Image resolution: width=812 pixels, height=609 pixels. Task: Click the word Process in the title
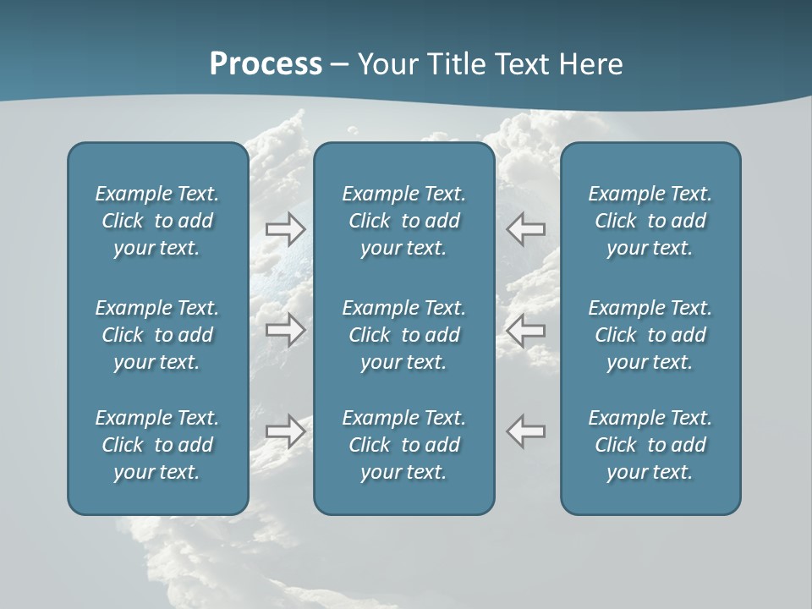(x=266, y=64)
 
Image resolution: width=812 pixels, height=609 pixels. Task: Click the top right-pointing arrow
(x=285, y=228)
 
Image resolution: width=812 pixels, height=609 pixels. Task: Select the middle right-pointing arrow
(x=285, y=330)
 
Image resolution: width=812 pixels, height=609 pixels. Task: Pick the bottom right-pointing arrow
(x=285, y=431)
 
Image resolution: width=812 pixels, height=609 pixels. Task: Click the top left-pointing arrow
(x=526, y=228)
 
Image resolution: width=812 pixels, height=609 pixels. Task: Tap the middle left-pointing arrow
(x=526, y=330)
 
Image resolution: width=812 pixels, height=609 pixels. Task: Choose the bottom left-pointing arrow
(x=526, y=431)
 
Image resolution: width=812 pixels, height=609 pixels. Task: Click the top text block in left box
(x=157, y=221)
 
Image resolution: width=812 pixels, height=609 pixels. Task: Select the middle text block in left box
(x=157, y=335)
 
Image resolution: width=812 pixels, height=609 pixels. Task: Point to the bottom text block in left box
(x=157, y=445)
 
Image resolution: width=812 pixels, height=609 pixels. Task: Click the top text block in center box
(x=403, y=221)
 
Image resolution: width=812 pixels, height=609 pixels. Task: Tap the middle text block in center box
(x=403, y=335)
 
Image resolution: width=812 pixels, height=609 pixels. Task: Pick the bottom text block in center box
(x=403, y=445)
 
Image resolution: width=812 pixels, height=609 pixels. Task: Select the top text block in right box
(x=650, y=221)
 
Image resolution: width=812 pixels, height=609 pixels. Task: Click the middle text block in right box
(x=650, y=335)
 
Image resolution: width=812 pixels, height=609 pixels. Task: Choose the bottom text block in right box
(x=650, y=445)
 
